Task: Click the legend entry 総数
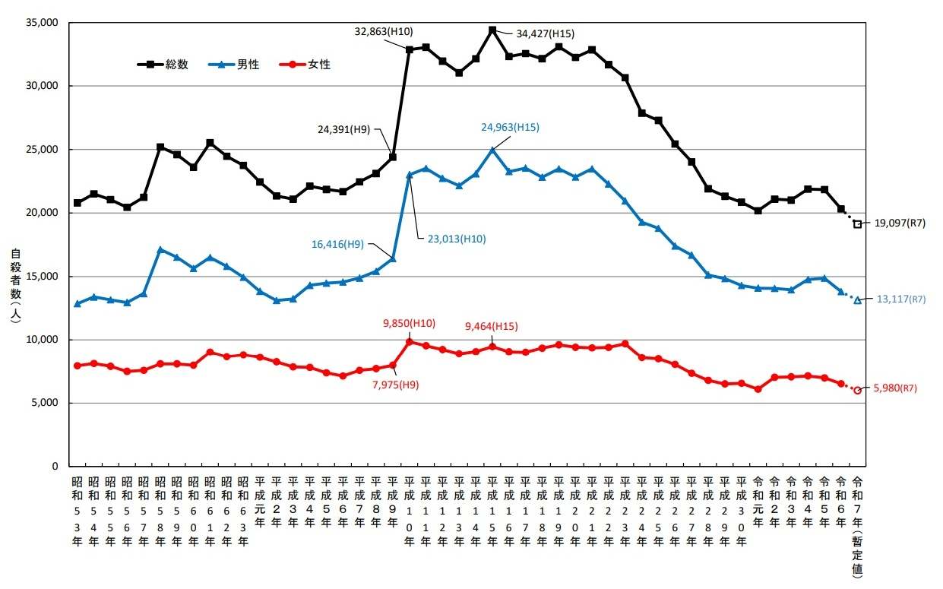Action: coord(176,65)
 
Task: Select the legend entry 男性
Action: coord(248,65)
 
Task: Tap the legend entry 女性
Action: coord(319,65)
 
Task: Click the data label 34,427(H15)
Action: coord(545,33)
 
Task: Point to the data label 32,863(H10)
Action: coord(384,32)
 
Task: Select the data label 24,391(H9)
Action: coord(343,129)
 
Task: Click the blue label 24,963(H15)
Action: coord(510,128)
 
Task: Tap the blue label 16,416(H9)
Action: coord(337,244)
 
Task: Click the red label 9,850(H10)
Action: coord(409,323)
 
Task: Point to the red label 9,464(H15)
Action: coord(492,327)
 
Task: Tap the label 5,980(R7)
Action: coord(897,388)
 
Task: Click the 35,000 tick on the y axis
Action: coord(43,23)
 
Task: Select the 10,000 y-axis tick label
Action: coord(43,339)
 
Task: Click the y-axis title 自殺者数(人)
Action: coord(15,284)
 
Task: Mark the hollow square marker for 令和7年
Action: coord(857,224)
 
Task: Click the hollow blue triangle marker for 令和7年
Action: coord(857,300)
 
